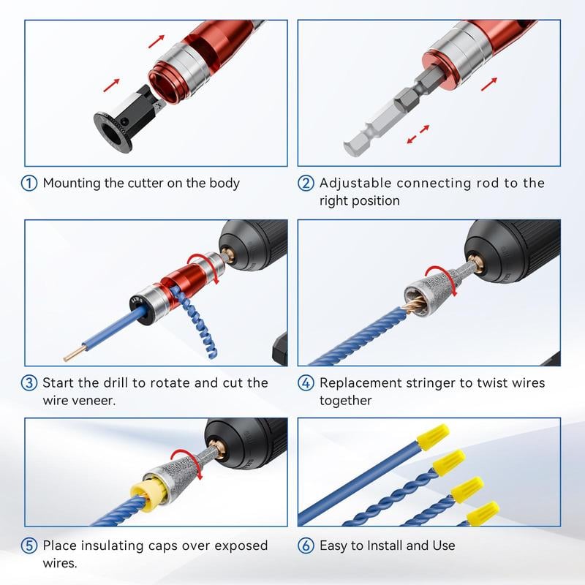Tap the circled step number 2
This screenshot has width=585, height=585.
[306, 184]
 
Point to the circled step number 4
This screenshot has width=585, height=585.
[306, 382]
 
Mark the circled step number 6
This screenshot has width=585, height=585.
[306, 546]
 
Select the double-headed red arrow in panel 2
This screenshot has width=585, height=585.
[418, 135]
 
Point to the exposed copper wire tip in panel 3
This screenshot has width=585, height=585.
[70, 355]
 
